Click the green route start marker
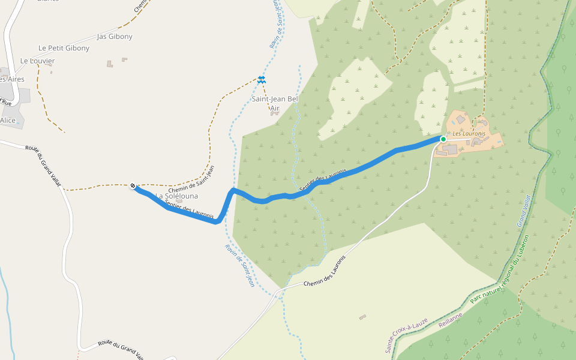pyautogui.click(x=443, y=139)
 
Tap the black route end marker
pyautogui.click(x=133, y=186)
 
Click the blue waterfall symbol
pyautogui.click(x=261, y=79)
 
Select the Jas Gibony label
pyautogui.click(x=115, y=37)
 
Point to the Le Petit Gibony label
pyautogui.click(x=64, y=48)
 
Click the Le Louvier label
pyautogui.click(x=37, y=61)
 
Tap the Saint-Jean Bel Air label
pyautogui.click(x=274, y=103)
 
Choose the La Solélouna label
pyautogui.click(x=176, y=196)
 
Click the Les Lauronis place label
pyautogui.click(x=469, y=133)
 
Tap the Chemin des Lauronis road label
pyautogui.click(x=325, y=272)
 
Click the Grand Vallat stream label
pyautogui.click(x=524, y=211)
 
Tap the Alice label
pyautogui.click(x=8, y=120)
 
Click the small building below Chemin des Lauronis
pyautogui.click(x=362, y=316)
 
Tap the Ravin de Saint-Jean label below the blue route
pyautogui.click(x=240, y=265)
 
